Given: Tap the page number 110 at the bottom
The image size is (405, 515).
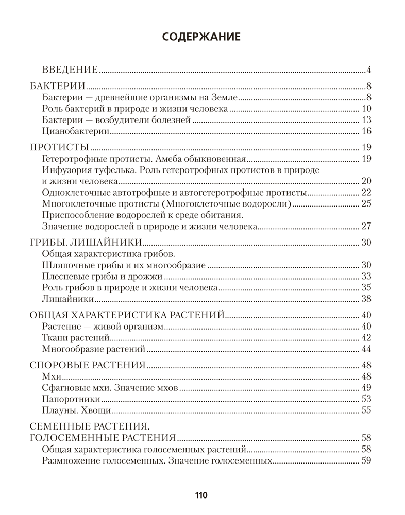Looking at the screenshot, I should coord(201,495).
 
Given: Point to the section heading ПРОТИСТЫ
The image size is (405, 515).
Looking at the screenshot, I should coord(59,146).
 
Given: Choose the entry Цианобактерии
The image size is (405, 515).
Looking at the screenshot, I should coord(74,131).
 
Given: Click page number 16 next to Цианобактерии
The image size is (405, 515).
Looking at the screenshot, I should coord(367,131).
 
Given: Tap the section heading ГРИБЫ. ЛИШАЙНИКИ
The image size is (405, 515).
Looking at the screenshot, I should coord(85,242).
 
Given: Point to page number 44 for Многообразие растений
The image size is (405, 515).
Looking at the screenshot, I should coord(366,350).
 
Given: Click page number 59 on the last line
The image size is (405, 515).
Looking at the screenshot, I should coord(366,461).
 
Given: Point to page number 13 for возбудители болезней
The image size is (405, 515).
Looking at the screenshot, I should coord(367,120).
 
